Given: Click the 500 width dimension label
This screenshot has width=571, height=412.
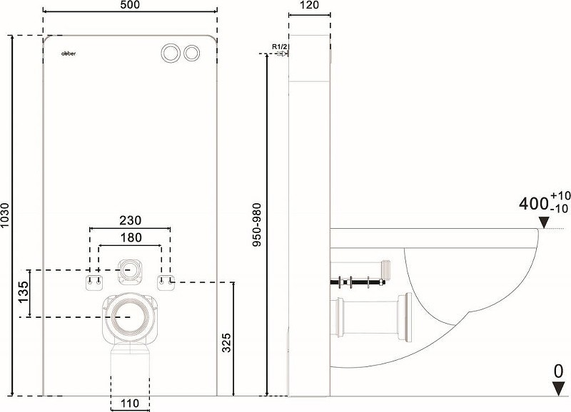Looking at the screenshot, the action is click(x=130, y=5).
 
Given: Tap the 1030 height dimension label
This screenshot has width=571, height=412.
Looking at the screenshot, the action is click(x=5, y=215).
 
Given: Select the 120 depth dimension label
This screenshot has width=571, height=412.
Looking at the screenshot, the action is click(x=310, y=5).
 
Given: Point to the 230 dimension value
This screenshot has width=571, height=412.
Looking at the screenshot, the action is click(x=131, y=220).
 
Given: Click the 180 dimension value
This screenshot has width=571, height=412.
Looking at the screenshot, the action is click(x=131, y=237).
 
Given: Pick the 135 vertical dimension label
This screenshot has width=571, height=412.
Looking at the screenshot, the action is click(x=23, y=292).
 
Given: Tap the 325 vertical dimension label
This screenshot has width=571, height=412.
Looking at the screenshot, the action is click(x=226, y=342).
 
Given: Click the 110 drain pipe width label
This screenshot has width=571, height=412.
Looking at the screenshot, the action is click(x=130, y=403).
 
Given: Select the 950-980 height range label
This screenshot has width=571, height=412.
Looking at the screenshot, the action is click(x=258, y=225).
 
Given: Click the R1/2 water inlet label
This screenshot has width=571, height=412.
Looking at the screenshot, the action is click(x=280, y=46).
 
